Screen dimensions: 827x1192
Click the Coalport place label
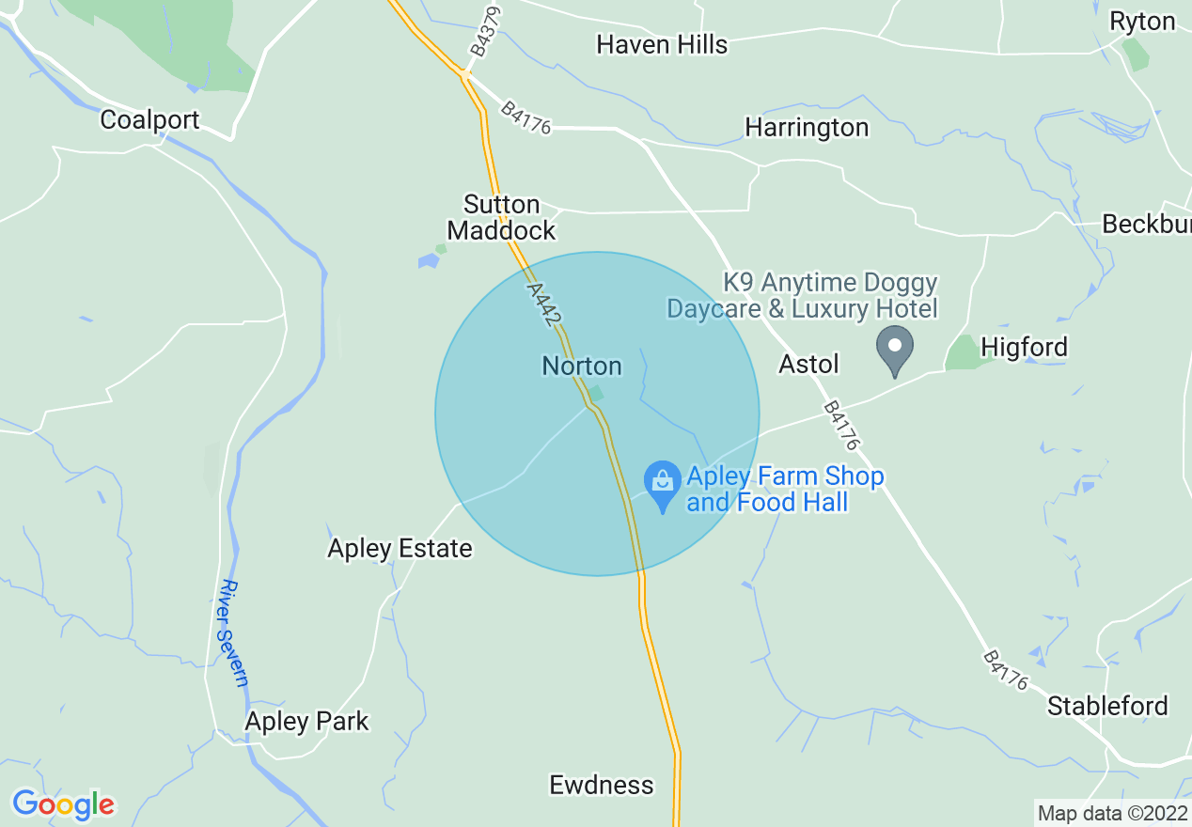[149, 120]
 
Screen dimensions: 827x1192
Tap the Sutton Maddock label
[501, 217]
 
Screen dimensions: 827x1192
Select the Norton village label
[582, 366]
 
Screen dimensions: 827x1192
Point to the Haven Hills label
[662, 44]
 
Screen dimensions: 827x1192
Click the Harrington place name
[807, 127]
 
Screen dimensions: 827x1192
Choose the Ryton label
[1142, 22]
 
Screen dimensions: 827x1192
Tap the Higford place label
[1024, 348]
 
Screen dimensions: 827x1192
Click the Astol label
[808, 364]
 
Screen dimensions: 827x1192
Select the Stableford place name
[1107, 706]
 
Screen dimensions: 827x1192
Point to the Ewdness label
[601, 785]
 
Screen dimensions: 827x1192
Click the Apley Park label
[306, 721]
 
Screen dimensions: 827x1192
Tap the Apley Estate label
[400, 548]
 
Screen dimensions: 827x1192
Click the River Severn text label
[232, 632]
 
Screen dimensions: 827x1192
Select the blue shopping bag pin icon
[663, 483]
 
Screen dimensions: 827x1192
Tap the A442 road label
[544, 304]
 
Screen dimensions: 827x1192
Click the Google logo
[63, 804]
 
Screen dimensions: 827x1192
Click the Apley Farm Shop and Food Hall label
[784, 489]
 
